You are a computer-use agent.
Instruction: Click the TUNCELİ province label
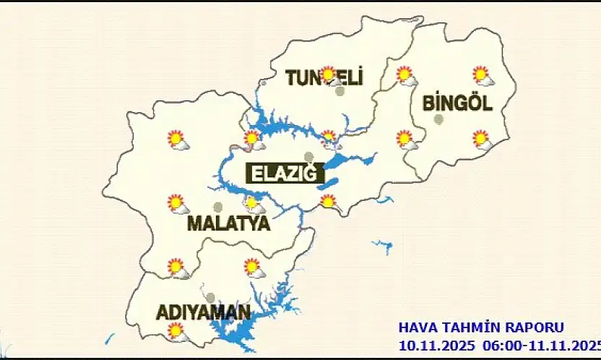click(x=324, y=78)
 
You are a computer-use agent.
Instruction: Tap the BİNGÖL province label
click(x=457, y=103)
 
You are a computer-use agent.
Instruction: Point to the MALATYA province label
click(x=228, y=223)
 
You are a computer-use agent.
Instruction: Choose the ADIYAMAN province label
click(x=204, y=313)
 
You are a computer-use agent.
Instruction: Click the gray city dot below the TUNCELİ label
click(x=340, y=91)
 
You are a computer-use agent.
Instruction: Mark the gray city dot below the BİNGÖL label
click(x=438, y=119)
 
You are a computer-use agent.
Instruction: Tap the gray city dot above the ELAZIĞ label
click(x=309, y=156)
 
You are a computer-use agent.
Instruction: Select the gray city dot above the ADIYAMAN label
click(x=210, y=297)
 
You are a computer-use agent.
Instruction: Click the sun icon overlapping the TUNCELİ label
click(x=329, y=74)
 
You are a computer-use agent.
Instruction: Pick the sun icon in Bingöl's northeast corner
click(x=480, y=74)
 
